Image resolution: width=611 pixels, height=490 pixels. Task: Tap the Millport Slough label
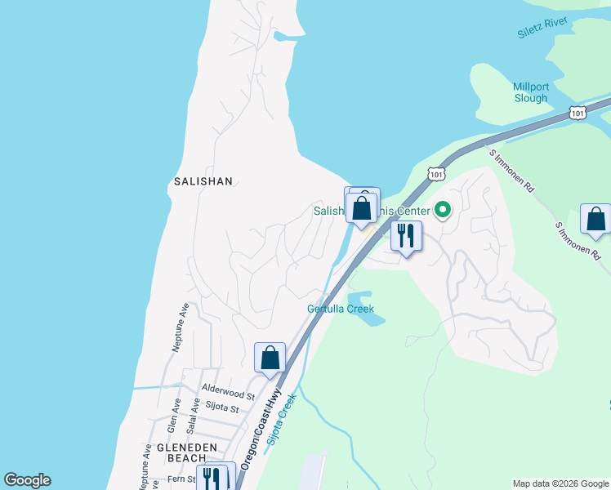[x=530, y=92]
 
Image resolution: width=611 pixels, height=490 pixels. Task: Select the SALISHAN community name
[x=203, y=181]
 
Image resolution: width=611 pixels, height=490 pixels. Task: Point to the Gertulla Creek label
[x=340, y=309]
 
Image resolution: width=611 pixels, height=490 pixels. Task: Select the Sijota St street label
[x=221, y=408]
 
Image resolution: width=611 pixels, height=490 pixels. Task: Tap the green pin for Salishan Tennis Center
[x=443, y=211]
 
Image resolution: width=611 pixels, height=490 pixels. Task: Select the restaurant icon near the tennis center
[x=406, y=236]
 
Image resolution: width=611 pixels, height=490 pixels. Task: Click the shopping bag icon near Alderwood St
[x=270, y=358]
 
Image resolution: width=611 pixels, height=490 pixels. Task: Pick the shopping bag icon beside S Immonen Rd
[x=595, y=219]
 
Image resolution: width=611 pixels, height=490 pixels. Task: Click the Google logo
[x=27, y=480]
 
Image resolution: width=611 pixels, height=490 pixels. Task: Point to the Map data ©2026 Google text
[x=560, y=483]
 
